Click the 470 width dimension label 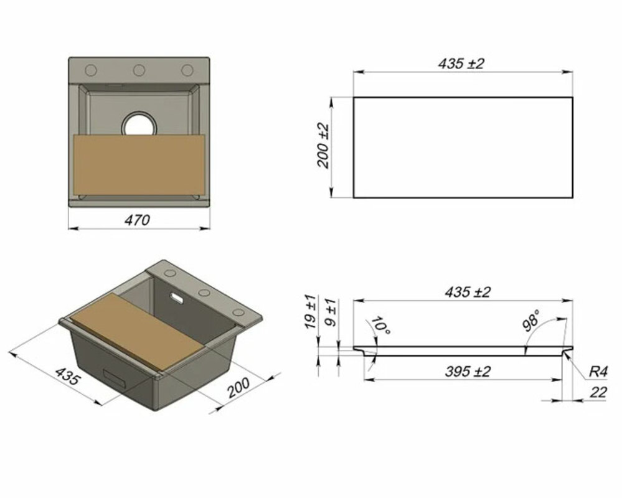[x=137, y=220]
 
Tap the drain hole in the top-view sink [x=139, y=126]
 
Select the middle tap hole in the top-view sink [x=139, y=70]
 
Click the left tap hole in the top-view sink [x=91, y=70]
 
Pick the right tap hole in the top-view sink [x=187, y=70]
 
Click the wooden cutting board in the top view [x=139, y=164]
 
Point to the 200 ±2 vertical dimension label [x=323, y=146]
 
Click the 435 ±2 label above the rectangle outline [x=461, y=63]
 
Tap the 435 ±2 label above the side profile [x=468, y=292]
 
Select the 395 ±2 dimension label [x=468, y=372]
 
